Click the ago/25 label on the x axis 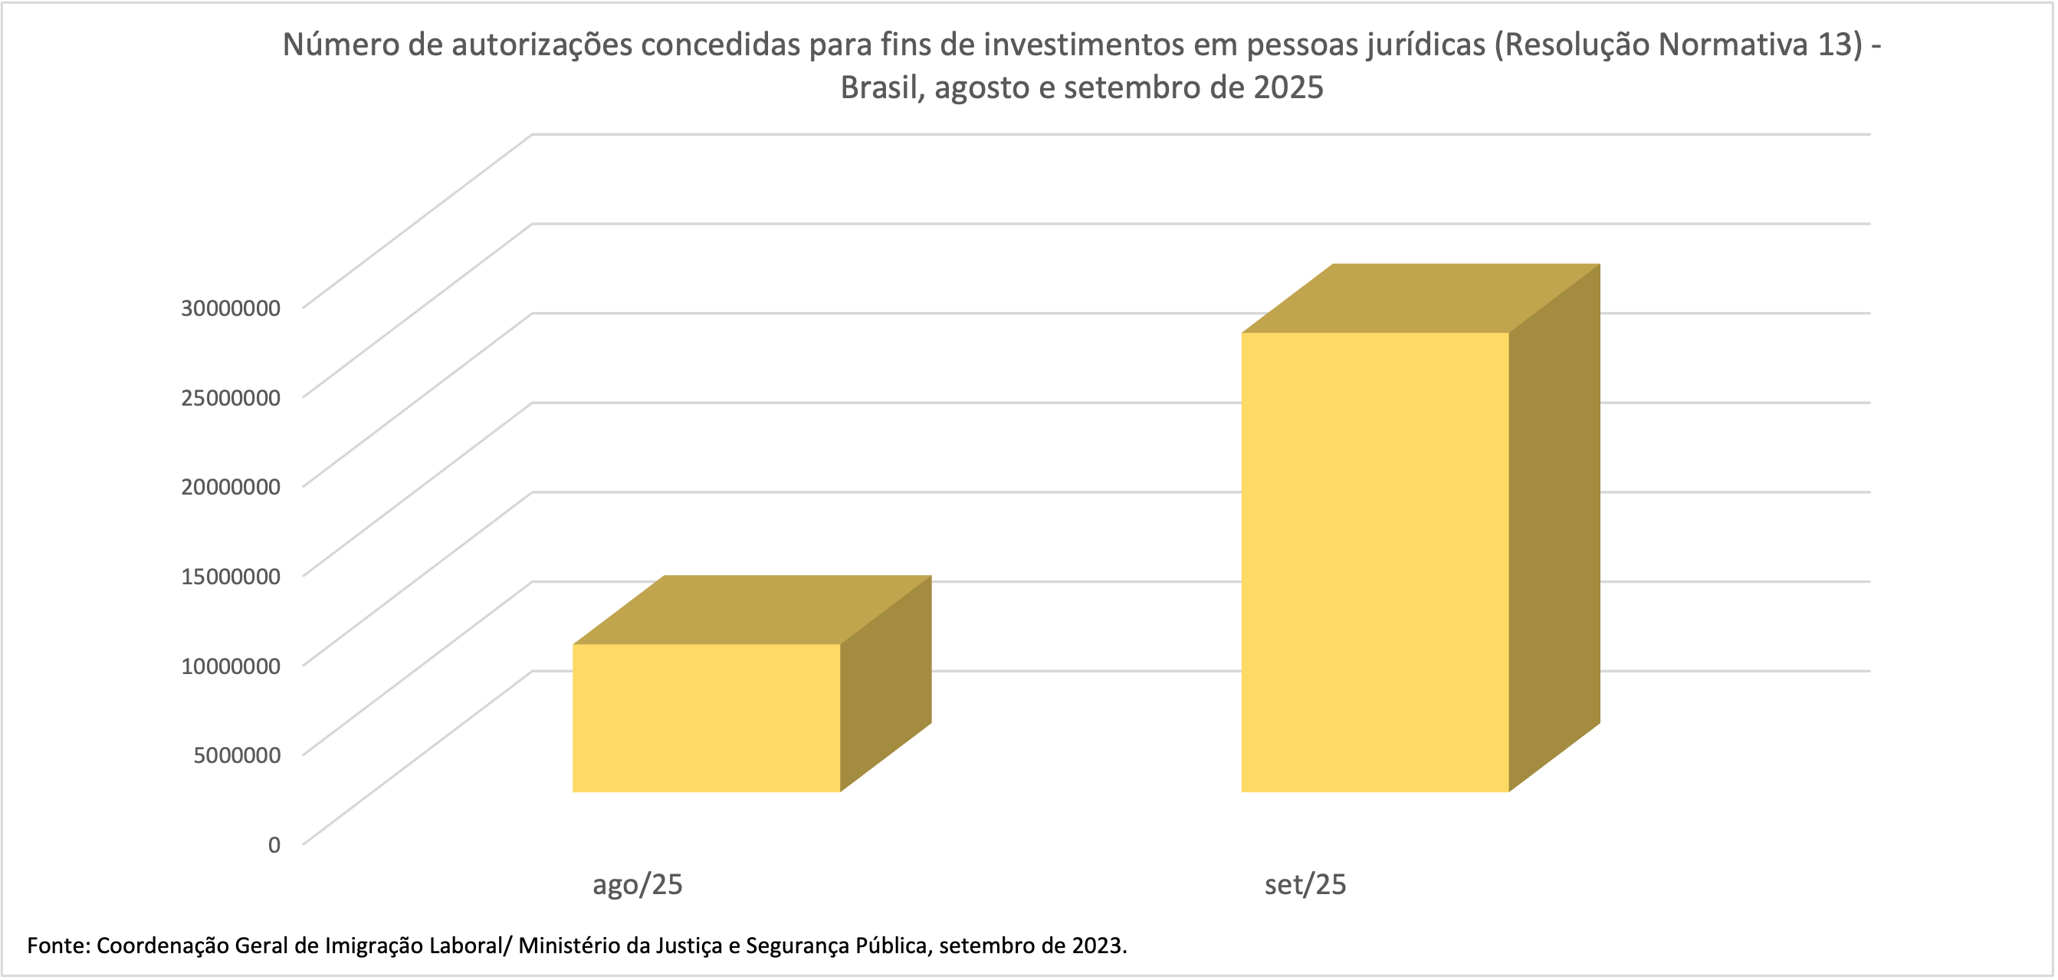637,885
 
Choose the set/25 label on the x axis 1305,885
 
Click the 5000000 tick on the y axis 237,755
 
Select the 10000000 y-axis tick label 230,666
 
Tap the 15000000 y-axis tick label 230,577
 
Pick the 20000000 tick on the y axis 230,487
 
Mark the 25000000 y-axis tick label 230,397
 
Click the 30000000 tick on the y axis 230,307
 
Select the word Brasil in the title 881,88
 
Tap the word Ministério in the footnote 568,945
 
